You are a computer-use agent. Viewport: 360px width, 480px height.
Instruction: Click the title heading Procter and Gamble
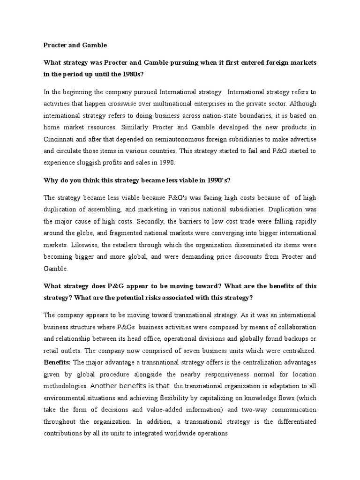click(75, 45)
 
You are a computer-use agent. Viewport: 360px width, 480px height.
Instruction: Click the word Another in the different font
click(103, 386)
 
